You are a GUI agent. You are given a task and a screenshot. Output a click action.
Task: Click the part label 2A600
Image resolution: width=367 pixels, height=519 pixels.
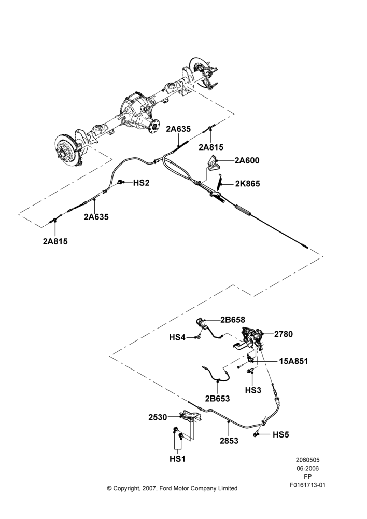click(247, 160)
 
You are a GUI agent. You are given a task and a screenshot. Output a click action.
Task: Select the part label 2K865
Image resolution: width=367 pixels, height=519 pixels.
click(247, 184)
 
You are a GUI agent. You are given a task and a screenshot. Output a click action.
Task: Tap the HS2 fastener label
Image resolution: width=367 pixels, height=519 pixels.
click(142, 183)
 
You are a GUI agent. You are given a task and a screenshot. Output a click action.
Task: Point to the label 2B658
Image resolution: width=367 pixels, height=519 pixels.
click(233, 320)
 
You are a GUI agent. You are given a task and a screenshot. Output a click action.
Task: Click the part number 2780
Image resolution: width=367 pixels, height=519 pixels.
click(284, 334)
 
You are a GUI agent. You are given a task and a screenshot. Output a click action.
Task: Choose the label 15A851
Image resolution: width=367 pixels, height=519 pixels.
click(293, 361)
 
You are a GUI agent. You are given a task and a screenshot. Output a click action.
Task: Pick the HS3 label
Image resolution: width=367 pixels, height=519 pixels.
click(253, 390)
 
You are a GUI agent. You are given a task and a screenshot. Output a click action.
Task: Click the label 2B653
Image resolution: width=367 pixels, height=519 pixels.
click(217, 398)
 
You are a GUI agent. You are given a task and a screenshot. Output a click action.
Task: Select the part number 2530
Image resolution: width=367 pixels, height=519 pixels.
click(158, 417)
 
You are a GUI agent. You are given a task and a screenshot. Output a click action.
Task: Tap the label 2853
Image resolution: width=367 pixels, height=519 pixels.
click(229, 441)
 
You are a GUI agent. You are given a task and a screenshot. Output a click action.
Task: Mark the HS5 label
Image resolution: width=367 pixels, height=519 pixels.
click(281, 434)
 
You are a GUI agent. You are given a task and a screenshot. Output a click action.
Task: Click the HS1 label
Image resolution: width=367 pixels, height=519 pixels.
click(178, 459)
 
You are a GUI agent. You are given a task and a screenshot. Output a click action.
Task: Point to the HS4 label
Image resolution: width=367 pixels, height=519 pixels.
click(177, 337)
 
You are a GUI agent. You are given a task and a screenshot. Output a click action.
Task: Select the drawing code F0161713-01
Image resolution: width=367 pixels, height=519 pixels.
click(307, 485)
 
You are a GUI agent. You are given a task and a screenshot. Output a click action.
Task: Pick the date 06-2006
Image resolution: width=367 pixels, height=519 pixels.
click(307, 468)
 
